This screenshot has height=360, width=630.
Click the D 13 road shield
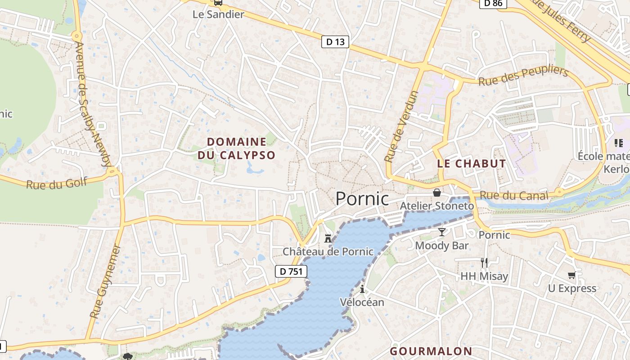point(336,42)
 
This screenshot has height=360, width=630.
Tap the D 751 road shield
point(291,271)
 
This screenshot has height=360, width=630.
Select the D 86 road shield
point(493,4)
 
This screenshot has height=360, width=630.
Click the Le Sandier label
point(218,14)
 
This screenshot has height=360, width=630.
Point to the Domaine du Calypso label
point(236,148)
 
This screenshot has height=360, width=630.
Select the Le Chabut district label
point(472,164)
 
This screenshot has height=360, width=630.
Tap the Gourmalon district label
point(431,351)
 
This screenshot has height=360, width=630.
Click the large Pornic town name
point(362,198)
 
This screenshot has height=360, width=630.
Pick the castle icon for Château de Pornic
point(328,238)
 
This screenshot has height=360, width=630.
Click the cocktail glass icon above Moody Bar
point(442,232)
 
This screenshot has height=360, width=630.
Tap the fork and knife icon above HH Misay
point(484,262)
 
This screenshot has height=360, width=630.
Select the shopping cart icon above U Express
point(571,275)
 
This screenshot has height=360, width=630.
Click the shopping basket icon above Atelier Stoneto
point(436,193)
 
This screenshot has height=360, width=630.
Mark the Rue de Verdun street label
point(401,126)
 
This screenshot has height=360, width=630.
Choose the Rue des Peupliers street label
point(523,76)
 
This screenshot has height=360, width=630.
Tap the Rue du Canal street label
point(514,195)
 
